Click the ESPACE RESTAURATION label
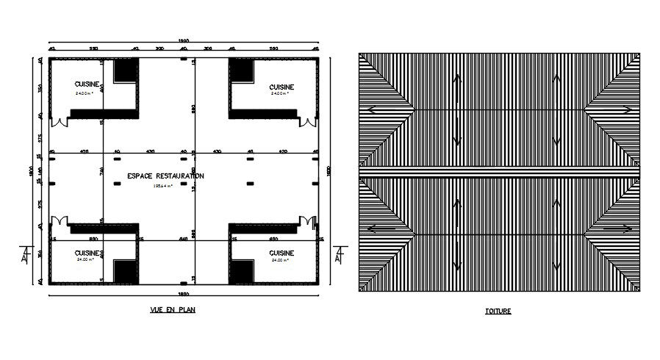click(165, 176)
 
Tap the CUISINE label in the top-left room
click(86, 84)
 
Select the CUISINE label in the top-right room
click(281, 86)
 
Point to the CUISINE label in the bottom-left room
click(87, 253)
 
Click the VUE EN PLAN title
click(172, 309)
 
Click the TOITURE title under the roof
click(499, 311)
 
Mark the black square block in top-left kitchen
click(126, 72)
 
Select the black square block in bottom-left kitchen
click(126, 270)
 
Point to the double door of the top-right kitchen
click(308, 122)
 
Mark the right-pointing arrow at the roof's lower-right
click(625, 228)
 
